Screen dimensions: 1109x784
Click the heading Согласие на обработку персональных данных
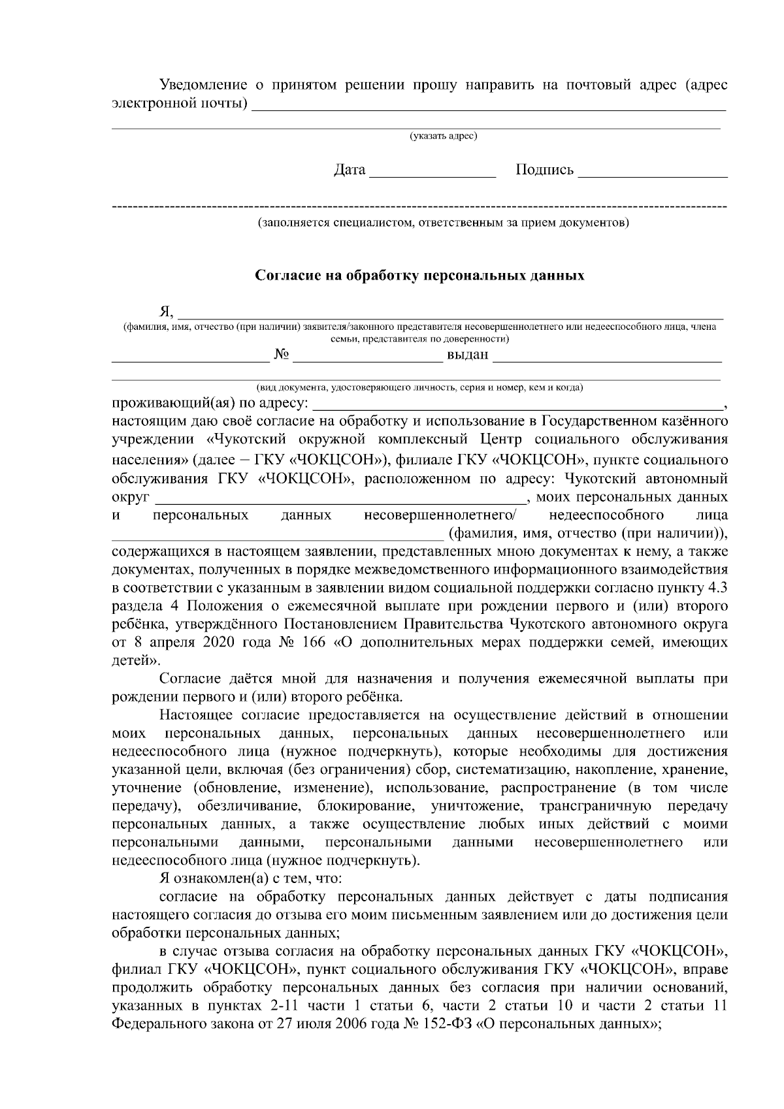point(419,276)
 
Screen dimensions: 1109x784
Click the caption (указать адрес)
point(444,136)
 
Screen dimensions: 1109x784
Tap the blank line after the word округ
point(340,498)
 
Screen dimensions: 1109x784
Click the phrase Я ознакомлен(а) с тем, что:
point(248,878)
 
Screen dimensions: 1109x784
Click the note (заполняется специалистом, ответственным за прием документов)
point(444,223)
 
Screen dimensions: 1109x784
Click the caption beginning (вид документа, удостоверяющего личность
point(419,387)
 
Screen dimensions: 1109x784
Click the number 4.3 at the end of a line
point(717,588)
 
